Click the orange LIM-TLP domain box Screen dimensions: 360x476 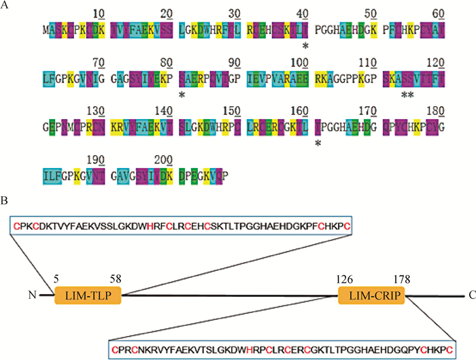[x=87, y=295]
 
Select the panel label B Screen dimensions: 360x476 [x=5, y=202]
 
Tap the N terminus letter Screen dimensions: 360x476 [x=31, y=295]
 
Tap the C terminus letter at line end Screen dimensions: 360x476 [x=471, y=295]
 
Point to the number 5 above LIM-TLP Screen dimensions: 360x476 [x=56, y=278]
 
